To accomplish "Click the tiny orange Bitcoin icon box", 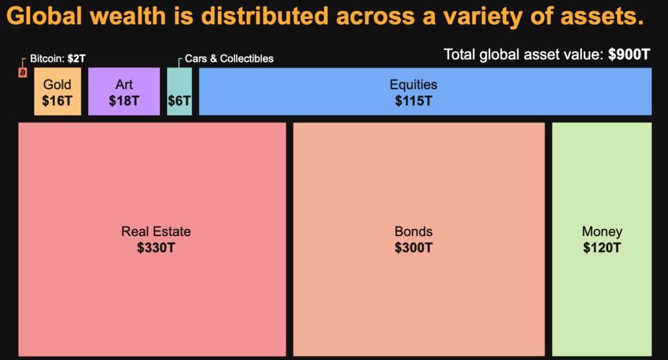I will [x=22, y=72].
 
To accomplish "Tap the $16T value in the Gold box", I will [x=57, y=101].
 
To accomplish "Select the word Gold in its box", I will [x=57, y=85].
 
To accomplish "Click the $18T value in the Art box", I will [x=124, y=101].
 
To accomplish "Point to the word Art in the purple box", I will [x=124, y=85].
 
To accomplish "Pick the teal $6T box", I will [x=179, y=101].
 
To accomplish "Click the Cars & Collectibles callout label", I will [x=229, y=59].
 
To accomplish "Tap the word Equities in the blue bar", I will [x=414, y=85].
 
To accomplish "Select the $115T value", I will [x=414, y=101].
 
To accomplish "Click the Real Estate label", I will [x=156, y=232].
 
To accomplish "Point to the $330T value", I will [x=156, y=248].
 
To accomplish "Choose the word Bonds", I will [x=414, y=232].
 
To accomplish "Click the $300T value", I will [x=414, y=248].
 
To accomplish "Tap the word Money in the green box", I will [x=602, y=232].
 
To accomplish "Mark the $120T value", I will [x=602, y=248].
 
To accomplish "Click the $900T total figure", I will [x=629, y=55].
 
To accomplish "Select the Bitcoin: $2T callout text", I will [x=57, y=59].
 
